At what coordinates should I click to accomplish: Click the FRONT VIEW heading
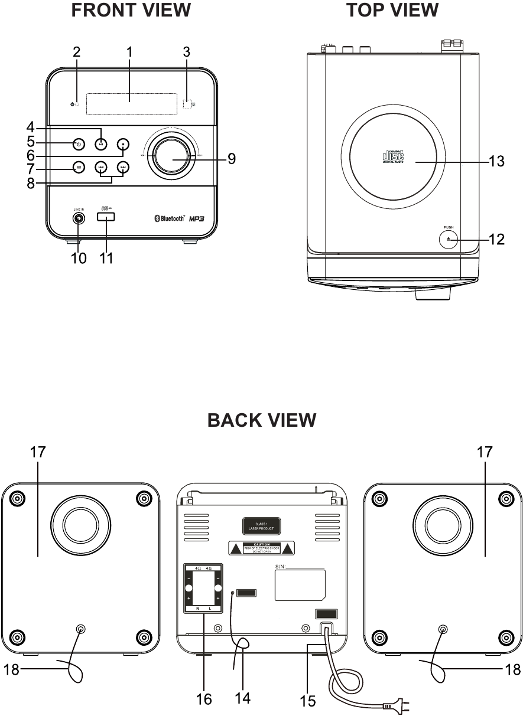coord(131,10)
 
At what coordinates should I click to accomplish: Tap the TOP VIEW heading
coord(392,10)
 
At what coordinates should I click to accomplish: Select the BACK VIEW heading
coord(262,420)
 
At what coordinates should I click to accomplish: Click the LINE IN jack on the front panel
coord(79,218)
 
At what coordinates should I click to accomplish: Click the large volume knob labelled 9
coord(174,158)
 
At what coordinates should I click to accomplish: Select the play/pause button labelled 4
coord(101,144)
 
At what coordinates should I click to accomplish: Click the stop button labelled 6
coord(122,143)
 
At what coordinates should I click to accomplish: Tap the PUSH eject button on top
coord(449,239)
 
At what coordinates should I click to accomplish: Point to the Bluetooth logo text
coord(166,218)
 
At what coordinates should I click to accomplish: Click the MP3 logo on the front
coord(197,218)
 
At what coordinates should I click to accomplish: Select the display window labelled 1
coord(131,104)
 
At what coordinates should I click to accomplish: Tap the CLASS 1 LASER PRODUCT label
coord(260,527)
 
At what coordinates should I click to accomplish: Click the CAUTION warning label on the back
coord(262,548)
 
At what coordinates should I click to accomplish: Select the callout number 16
coord(204,699)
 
